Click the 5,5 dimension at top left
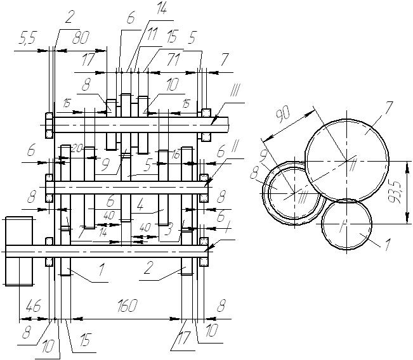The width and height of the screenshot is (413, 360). (25, 40)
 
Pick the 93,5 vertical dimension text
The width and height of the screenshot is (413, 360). (397, 190)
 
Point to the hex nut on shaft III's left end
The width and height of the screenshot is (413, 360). (48, 125)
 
